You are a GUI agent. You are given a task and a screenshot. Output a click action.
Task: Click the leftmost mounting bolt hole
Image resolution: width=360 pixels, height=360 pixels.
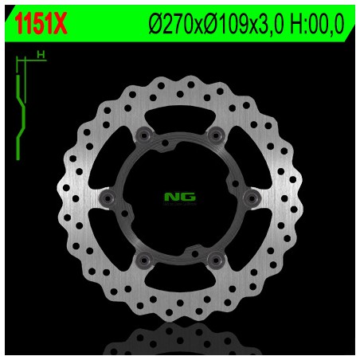(x=109, y=194)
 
